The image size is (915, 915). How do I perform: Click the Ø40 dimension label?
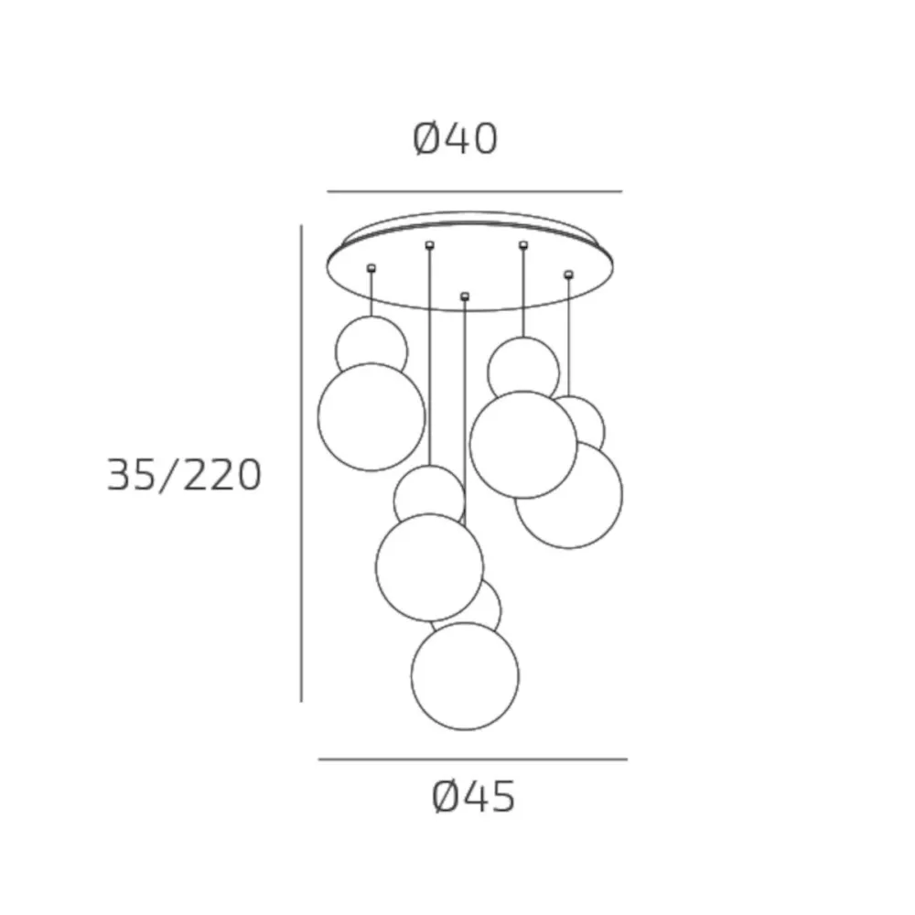[455, 139]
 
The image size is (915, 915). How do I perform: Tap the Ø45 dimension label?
[473, 798]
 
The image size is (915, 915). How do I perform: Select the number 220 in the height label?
[222, 475]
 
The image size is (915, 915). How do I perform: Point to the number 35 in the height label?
[130, 475]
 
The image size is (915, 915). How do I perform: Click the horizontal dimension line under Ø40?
[474, 192]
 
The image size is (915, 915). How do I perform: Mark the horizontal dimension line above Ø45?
[472, 759]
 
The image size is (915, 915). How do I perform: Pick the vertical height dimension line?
[301, 462]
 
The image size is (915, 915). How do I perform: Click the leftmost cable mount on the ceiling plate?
[371, 268]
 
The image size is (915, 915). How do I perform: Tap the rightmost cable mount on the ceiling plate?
[568, 274]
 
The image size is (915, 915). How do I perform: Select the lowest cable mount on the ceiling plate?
[465, 296]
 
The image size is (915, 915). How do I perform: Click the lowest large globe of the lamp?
[465, 676]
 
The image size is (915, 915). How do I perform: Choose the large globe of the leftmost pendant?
[371, 417]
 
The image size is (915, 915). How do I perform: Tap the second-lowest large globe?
[429, 567]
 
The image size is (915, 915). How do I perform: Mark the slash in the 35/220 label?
[168, 475]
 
